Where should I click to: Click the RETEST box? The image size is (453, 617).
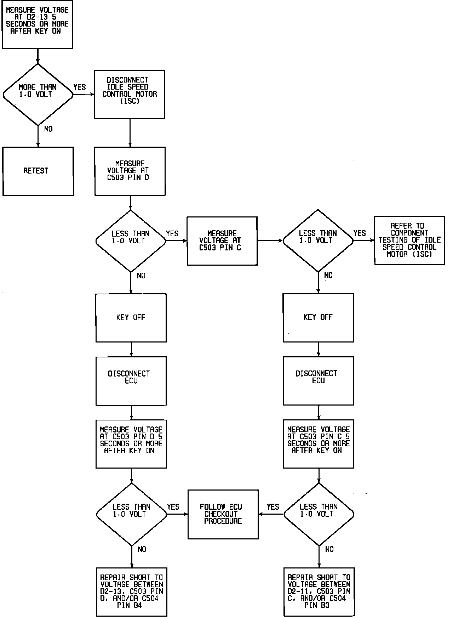pos(38,171)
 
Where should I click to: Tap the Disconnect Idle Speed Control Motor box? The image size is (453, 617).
pos(130,94)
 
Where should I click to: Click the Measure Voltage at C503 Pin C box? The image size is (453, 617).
pos(222,241)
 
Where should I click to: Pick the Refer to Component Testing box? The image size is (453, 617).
pos(409,240)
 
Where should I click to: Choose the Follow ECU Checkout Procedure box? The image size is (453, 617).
pos(223,514)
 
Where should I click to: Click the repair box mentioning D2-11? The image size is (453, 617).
pos(319,591)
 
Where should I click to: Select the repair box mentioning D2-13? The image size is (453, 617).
pos(131,591)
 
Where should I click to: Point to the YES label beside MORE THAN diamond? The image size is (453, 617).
pos(80,87)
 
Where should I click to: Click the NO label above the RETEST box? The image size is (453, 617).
pos(48,129)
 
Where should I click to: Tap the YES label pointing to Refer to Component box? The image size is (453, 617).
pos(360,233)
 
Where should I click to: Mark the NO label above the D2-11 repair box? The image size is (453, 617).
pos(329,549)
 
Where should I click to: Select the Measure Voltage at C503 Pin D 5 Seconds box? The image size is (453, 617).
pos(131,443)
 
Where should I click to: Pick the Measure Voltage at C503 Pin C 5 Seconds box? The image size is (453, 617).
pos(319,443)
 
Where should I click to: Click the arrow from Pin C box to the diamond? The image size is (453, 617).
pos(270,241)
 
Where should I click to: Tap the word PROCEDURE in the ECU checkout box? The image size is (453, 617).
pos(223,521)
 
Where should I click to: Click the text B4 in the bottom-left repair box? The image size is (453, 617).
pos(137,606)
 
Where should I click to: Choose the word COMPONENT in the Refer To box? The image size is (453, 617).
pos(409,233)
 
